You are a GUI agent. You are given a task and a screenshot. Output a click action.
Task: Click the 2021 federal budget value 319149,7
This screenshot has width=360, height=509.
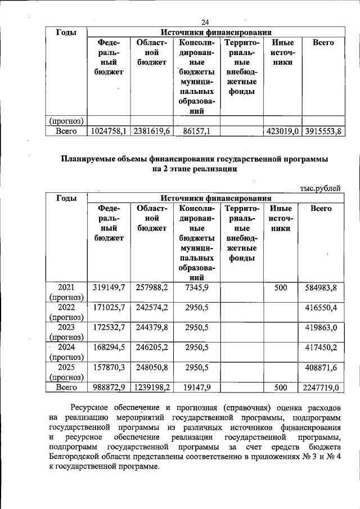pyautogui.click(x=109, y=288)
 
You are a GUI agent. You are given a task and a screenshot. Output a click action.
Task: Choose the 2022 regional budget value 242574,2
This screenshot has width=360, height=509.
pyautogui.click(x=152, y=308)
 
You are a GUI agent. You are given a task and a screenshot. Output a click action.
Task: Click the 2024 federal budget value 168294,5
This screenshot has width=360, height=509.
pyautogui.click(x=109, y=347)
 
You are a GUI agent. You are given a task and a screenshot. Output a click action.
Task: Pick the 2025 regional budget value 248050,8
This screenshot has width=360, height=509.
pyautogui.click(x=152, y=367)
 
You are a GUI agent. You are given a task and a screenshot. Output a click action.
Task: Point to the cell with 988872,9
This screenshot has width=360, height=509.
pyautogui.click(x=109, y=388)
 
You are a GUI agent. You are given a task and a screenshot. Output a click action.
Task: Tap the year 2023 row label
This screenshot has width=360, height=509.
pyautogui.click(x=66, y=327)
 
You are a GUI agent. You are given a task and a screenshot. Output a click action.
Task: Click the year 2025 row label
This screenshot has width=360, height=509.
pyautogui.click(x=66, y=367)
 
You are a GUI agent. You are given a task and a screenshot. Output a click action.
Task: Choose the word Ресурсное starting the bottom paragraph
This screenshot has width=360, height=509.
pyautogui.click(x=93, y=406)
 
